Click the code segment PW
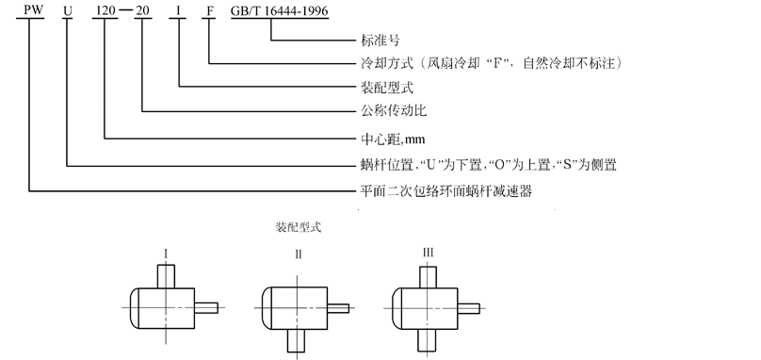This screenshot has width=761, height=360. pos(30,10)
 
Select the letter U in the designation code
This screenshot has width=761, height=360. pos(68,10)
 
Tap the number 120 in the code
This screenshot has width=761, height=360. pos(105,10)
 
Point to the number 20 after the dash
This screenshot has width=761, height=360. pos(142,10)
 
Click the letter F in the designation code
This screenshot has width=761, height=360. pos(210,10)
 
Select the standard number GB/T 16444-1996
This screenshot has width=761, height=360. pos(279,10)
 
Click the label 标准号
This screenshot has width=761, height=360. pos(380,40)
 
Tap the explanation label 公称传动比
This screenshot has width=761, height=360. pos(393,110)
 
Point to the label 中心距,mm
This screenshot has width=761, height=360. pos(393,139)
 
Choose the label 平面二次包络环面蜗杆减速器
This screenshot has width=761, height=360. pos(446,190)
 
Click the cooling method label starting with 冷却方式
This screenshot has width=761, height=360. pos(491,63)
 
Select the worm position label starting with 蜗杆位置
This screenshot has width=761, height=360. pos(488,165)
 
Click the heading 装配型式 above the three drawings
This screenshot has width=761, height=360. pos(299,227)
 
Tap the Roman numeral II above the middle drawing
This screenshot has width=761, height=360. pos(298,254)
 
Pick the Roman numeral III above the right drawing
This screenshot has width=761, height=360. pos(428,253)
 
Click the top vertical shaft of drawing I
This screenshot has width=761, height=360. pos(166,276)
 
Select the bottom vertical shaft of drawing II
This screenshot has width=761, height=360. pos(296,340)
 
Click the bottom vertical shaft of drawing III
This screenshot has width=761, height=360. pos(427,339)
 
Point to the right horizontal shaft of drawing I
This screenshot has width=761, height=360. pos(206,308)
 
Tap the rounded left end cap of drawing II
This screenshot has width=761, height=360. pos(266,308)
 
